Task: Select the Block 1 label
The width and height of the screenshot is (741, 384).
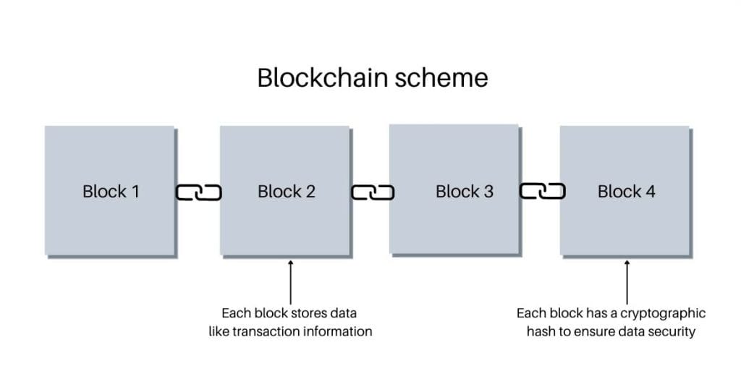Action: click(111, 192)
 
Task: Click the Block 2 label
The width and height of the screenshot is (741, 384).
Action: click(287, 192)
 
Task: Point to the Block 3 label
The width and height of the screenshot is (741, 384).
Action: click(465, 192)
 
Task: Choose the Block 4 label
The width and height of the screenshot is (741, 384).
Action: click(627, 192)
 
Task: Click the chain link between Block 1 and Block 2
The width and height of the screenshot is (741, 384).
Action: click(198, 192)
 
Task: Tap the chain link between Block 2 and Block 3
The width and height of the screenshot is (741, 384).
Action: click(373, 192)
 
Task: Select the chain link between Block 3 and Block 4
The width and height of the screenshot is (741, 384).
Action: click(543, 192)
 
